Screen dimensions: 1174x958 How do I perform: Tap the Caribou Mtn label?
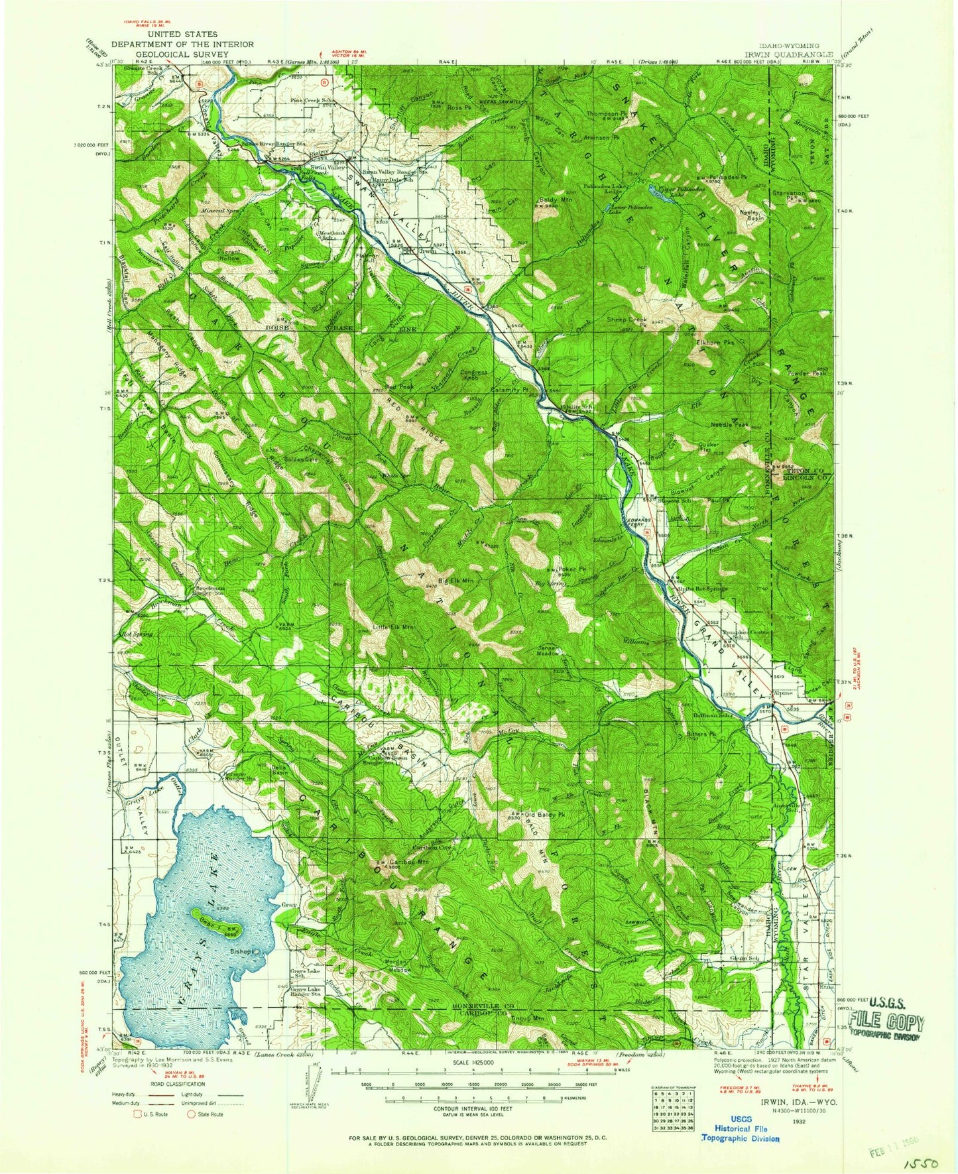pos(408,862)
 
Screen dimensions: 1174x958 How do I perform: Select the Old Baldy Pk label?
pos(544,814)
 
